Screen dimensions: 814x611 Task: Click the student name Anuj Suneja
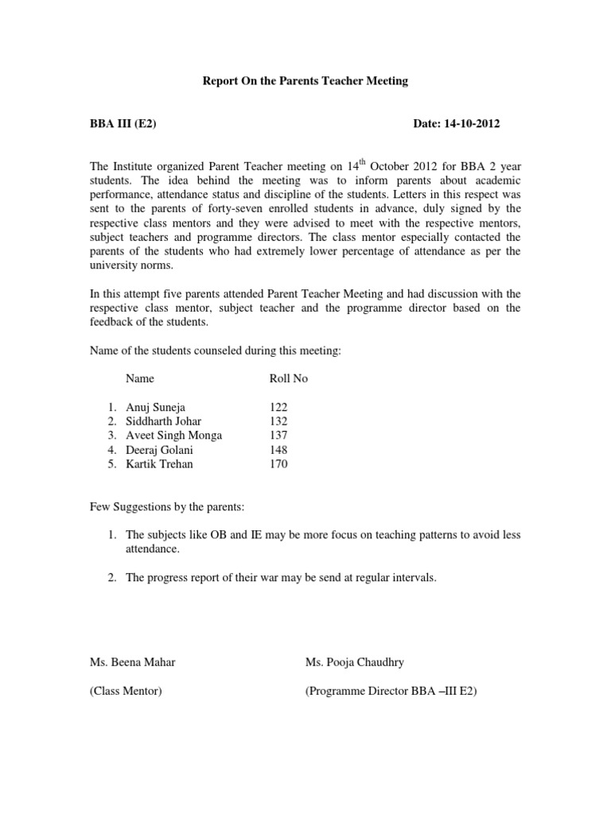pos(156,407)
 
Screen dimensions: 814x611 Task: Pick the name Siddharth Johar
pos(164,421)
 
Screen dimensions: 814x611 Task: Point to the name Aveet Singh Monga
pos(174,436)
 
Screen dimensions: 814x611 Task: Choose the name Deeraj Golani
pos(160,450)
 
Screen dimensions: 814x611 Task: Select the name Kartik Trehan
pos(159,464)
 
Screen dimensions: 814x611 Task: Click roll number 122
pos(279,407)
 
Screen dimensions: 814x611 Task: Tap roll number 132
pos(279,421)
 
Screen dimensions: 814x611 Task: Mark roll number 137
pos(279,436)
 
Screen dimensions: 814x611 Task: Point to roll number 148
pos(279,450)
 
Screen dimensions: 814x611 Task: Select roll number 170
pos(279,464)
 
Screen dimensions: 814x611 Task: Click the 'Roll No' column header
pos(289,379)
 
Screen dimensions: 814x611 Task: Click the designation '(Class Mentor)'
pos(126,692)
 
